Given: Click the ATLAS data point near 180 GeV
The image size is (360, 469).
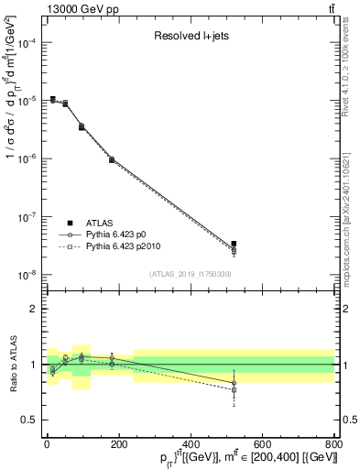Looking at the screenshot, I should (x=111, y=159).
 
